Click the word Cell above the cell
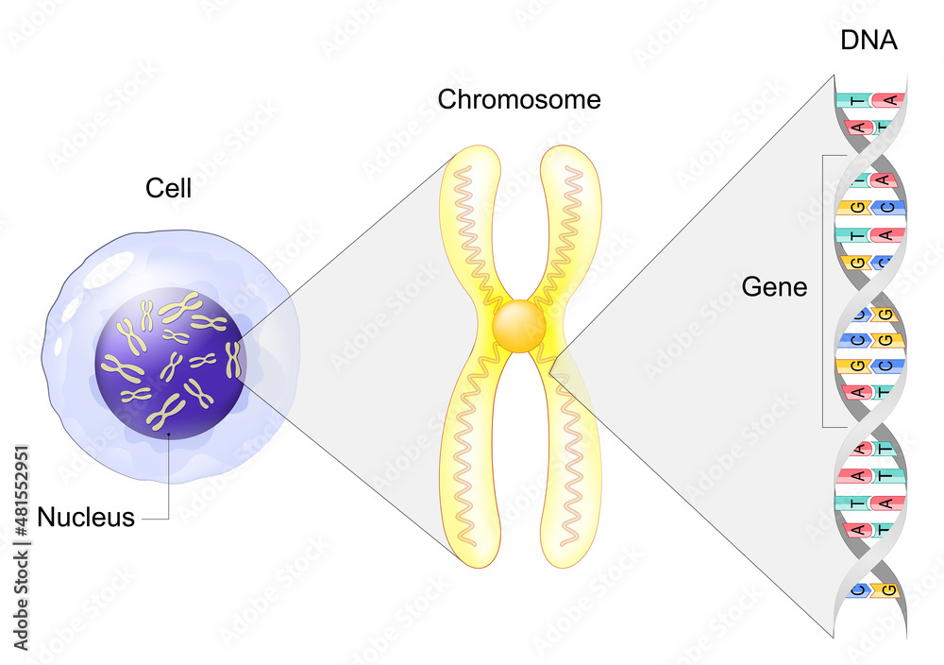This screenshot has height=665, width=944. click(x=168, y=188)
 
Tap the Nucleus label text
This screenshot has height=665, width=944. click(x=86, y=518)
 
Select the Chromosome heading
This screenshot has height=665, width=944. click(x=519, y=100)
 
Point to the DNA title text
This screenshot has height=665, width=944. click(x=868, y=41)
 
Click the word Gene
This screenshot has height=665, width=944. click(x=775, y=286)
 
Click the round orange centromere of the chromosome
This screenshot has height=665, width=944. click(x=519, y=327)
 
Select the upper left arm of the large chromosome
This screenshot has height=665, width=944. click(x=473, y=227)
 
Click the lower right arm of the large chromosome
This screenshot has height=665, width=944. click(x=570, y=453)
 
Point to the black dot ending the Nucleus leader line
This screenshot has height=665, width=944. click(x=169, y=435)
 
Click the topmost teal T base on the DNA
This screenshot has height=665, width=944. click(x=853, y=99)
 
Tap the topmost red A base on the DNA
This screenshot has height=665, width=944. click(x=887, y=99)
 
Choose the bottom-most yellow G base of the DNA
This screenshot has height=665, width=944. click(x=886, y=591)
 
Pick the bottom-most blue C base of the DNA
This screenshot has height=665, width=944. click(x=857, y=591)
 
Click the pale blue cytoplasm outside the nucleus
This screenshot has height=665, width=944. click(x=85, y=302)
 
